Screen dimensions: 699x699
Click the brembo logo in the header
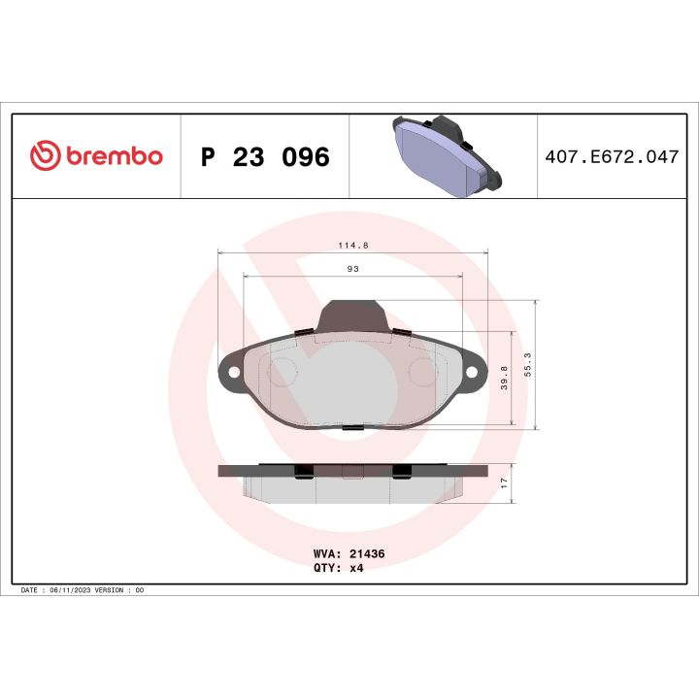point(96,156)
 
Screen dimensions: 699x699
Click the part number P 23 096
point(264,157)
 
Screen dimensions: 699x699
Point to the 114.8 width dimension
point(351,246)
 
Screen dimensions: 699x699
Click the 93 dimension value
point(351,269)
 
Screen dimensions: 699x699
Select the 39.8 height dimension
point(503,378)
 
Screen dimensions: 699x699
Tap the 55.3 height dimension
point(527,364)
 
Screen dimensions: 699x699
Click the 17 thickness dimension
point(503,483)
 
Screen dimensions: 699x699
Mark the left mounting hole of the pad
point(233,373)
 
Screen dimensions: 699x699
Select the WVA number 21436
point(369,552)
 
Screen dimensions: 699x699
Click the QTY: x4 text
point(339,568)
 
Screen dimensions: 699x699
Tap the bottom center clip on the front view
point(352,427)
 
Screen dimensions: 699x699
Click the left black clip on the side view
point(303,471)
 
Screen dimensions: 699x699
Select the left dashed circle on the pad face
point(284,371)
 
